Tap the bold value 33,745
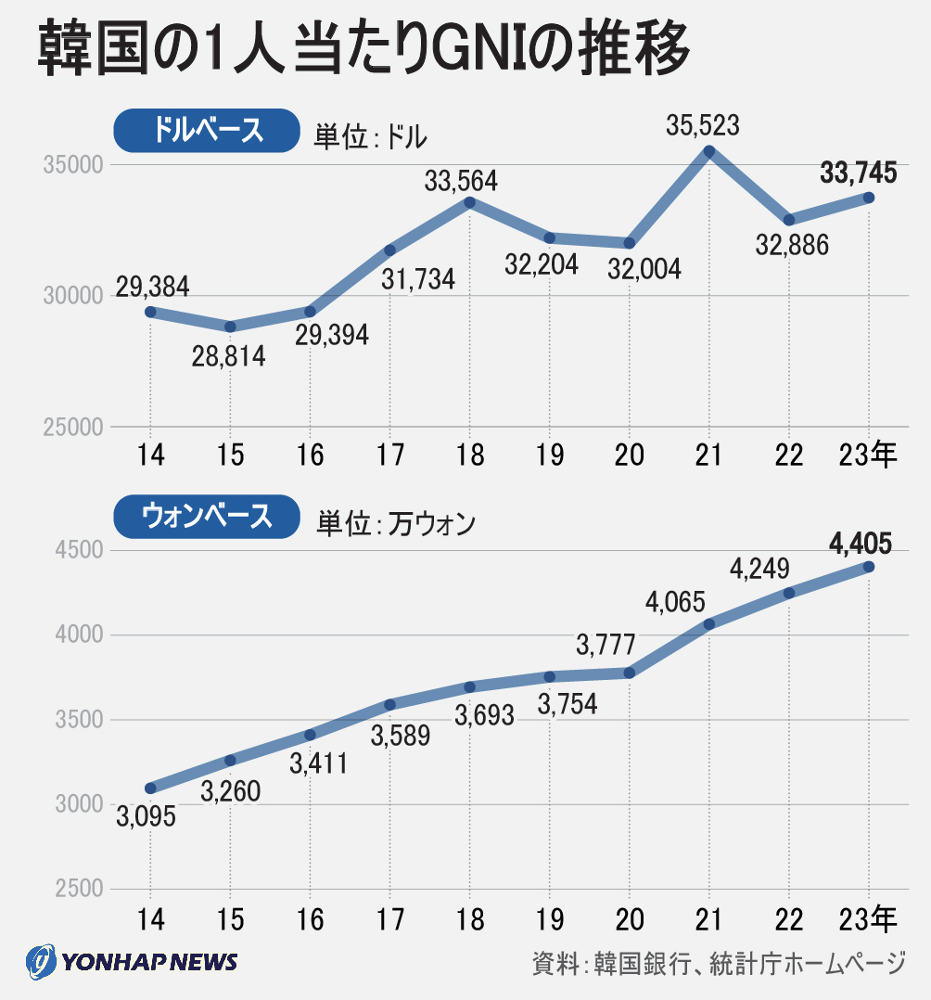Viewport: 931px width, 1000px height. (858, 173)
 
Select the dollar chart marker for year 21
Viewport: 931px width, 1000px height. (709, 151)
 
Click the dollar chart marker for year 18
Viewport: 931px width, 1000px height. (470, 202)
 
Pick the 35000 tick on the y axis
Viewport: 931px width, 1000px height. (71, 165)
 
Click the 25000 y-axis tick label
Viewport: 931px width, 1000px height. (71, 428)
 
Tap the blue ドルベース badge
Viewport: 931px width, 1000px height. (207, 131)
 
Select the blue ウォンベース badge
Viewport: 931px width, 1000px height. (207, 516)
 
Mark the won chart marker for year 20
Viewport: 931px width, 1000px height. (630, 673)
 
